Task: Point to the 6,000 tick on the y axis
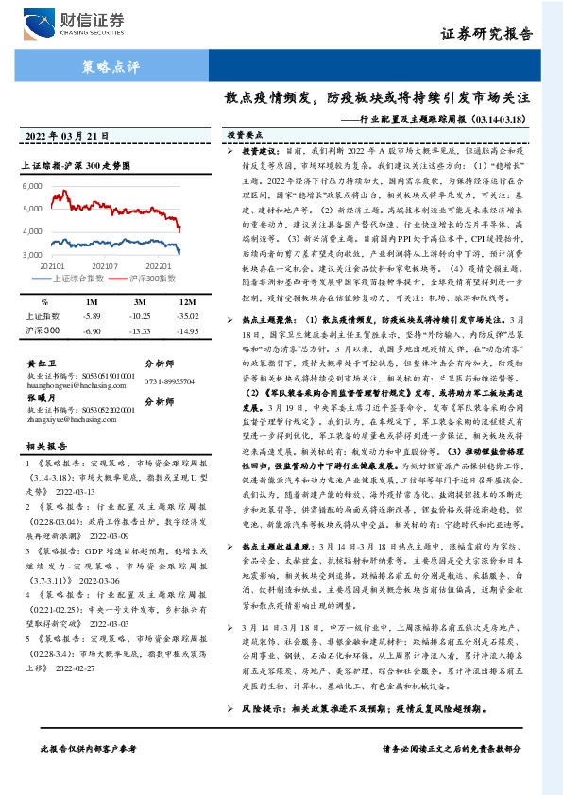[31, 188]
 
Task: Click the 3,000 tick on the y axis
[31, 249]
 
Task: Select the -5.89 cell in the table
[92, 315]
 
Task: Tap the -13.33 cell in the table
[140, 329]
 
